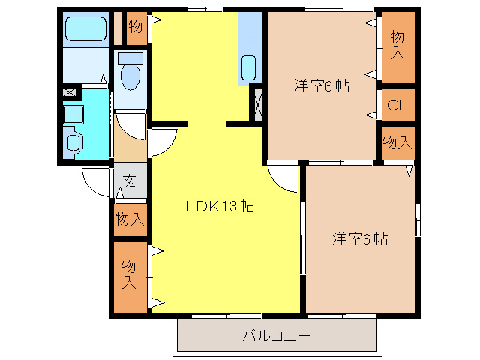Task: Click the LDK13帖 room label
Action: click(x=220, y=207)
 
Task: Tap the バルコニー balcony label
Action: click(x=276, y=334)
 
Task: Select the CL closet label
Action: click(x=397, y=106)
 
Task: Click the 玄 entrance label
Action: click(x=130, y=181)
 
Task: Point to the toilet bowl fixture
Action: click(x=130, y=73)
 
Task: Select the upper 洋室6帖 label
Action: click(x=321, y=85)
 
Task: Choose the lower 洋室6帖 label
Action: click(x=360, y=239)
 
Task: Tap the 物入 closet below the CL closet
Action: click(x=397, y=141)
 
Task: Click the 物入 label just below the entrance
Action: click(x=129, y=219)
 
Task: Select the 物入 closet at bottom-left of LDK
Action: click(x=129, y=274)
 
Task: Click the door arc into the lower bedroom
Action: click(x=283, y=180)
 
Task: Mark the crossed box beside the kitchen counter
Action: click(x=258, y=104)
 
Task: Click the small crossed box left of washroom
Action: click(x=70, y=93)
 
